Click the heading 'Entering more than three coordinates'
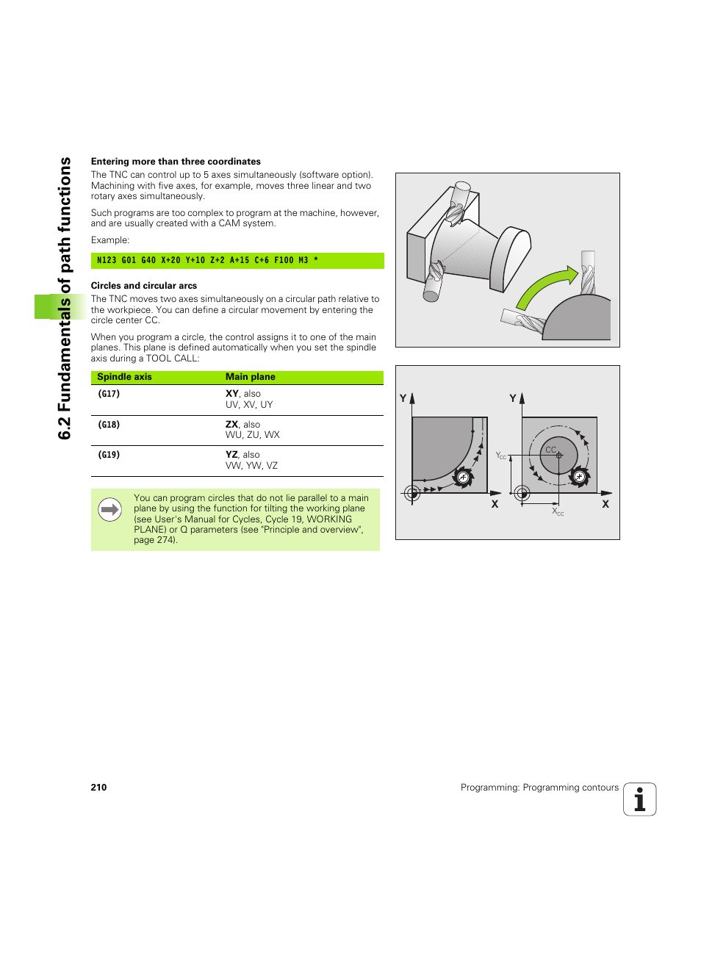176,162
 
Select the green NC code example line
237,260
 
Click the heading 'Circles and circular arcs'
144,286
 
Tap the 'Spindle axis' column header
124,377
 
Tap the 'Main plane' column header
250,377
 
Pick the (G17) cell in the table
109,394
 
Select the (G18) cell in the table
109,425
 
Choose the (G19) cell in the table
109,455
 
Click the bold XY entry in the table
231,394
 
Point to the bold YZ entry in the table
231,455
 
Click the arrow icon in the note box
109,509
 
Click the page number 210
98,788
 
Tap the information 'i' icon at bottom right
639,799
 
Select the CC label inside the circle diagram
550,450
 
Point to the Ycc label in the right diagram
500,456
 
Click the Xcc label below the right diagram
558,511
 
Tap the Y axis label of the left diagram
403,398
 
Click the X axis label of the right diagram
605,505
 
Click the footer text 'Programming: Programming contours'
539,788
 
